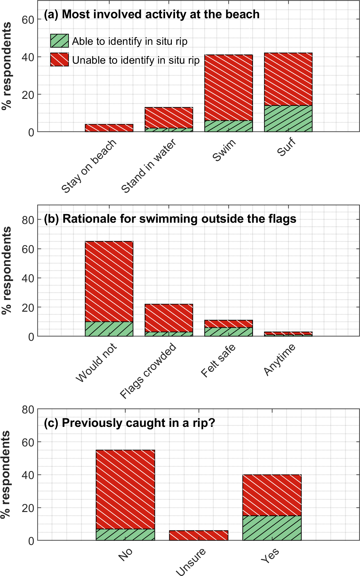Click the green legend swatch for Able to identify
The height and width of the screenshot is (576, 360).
point(59,41)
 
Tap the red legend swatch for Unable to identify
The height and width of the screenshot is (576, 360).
point(59,60)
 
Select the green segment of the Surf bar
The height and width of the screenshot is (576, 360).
point(288,118)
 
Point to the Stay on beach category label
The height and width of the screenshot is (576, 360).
point(89,167)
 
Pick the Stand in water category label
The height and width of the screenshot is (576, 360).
point(149,166)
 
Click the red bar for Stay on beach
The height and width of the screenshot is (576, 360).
point(109,128)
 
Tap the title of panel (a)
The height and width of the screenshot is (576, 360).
point(152,14)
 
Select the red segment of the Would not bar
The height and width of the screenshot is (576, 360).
point(109,281)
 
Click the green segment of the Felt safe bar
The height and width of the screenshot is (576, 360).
point(228,332)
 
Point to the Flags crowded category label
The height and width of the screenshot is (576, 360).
point(148,371)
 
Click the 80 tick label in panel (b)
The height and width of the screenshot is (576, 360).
point(28,220)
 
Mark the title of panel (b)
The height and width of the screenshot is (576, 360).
point(170,219)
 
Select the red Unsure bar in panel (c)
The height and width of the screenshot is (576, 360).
point(198,535)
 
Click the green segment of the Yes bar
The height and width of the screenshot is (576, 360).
point(272,528)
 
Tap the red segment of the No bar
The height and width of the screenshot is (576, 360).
point(125,489)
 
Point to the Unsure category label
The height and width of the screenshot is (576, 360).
point(191,562)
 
